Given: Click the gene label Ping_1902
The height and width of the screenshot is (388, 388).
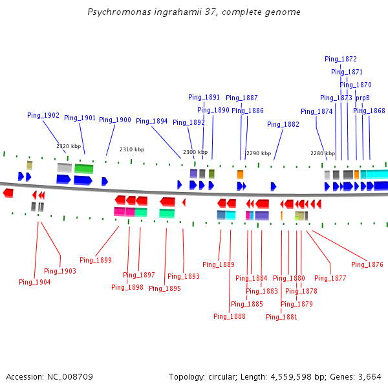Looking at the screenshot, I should click(x=43, y=115).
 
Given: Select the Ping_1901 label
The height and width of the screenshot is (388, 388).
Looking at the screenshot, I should click(x=80, y=118).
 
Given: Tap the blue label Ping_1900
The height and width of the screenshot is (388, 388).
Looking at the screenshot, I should click(x=115, y=120).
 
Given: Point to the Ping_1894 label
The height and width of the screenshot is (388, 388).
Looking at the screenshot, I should click(x=152, y=121).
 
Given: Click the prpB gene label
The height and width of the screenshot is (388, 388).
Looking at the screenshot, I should click(x=363, y=98).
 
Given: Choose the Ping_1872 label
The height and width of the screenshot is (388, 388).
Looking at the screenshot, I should click(x=341, y=59).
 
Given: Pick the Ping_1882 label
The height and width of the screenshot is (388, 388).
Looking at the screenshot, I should click(x=283, y=124).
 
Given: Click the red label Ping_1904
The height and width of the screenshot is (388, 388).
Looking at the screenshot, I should click(x=35, y=282).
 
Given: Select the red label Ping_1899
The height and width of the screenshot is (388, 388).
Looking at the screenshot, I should click(x=96, y=260).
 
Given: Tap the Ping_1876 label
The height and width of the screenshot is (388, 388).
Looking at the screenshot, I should click(x=367, y=264).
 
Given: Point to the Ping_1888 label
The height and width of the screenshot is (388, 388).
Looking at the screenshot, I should click(x=230, y=316).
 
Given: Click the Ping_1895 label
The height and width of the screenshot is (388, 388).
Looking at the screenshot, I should click(x=165, y=288).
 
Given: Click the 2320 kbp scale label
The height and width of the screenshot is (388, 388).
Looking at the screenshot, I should click(x=69, y=146).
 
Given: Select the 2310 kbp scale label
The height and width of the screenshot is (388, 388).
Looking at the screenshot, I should click(x=131, y=149).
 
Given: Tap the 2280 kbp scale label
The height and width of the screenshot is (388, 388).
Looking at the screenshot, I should click(x=322, y=153).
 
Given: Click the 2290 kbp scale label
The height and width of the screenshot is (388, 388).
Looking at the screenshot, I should click(x=259, y=153).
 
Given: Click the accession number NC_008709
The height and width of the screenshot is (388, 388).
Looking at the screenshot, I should click(x=71, y=376).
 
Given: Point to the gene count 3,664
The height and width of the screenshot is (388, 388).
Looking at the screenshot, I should click(x=370, y=376).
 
